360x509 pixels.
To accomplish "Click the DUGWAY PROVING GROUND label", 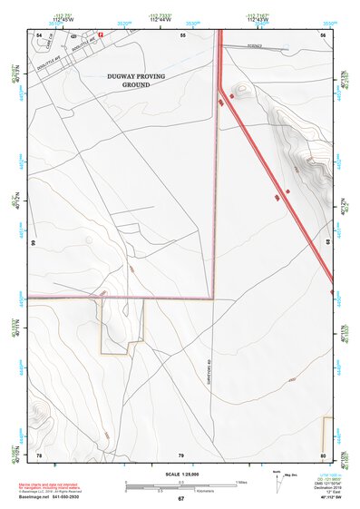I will click(136, 81).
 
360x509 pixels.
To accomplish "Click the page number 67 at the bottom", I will click(180, 498).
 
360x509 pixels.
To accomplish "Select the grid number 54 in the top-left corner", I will click(39, 34).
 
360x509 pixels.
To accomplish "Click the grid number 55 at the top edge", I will click(182, 34).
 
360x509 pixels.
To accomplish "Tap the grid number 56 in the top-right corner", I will click(323, 34).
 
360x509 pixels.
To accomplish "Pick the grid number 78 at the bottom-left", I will click(39, 454).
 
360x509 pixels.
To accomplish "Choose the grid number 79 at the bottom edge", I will click(180, 454).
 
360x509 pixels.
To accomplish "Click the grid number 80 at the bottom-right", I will click(323, 454).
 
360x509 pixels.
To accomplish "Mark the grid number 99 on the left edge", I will click(33, 243).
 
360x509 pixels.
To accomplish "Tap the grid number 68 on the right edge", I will click(328, 243).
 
